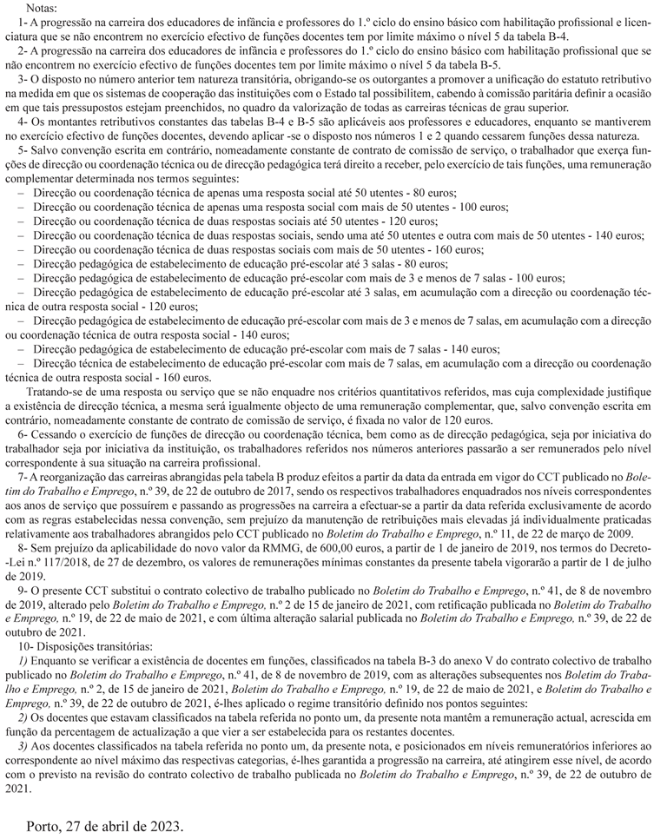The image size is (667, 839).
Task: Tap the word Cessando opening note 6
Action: click(x=55, y=433)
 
